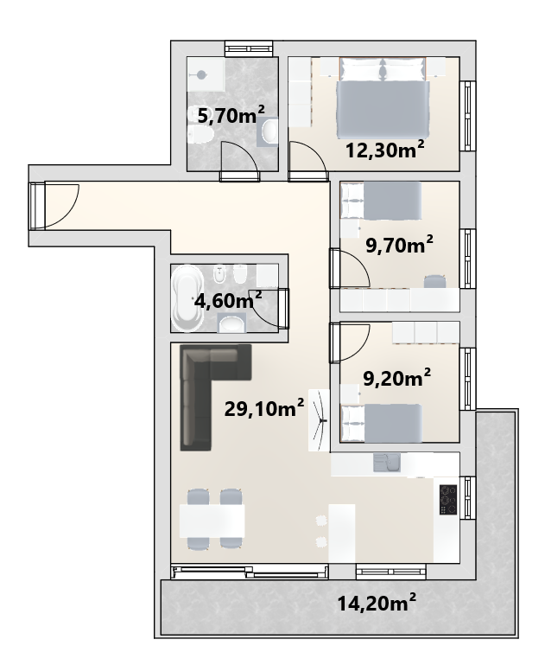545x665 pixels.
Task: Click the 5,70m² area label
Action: [x=231, y=115]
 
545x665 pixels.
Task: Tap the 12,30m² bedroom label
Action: [x=385, y=150]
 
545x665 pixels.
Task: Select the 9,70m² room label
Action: [x=399, y=245]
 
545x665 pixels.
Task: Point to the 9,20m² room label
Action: [x=397, y=378]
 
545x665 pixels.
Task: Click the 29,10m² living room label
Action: [x=263, y=408]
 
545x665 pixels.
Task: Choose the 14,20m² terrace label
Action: [x=377, y=603]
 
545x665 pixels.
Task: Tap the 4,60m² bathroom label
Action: [x=228, y=300]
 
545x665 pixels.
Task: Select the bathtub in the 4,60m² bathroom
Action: [x=187, y=297]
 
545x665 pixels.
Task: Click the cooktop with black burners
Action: [x=448, y=500]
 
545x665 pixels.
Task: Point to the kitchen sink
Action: [x=387, y=463]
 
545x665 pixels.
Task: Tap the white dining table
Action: [x=212, y=521]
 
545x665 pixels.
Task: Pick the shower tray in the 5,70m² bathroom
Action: [x=206, y=74]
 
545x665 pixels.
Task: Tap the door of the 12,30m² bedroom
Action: [x=307, y=157]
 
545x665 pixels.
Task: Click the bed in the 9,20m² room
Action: [x=382, y=423]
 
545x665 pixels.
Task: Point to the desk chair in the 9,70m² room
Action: [x=435, y=281]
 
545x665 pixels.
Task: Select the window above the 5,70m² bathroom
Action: [x=249, y=48]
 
